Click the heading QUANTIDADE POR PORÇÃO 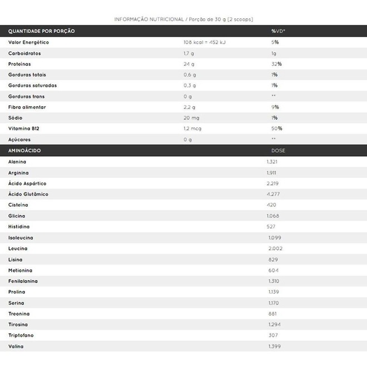pos(42,31)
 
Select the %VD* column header pos(278,31)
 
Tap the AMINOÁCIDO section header pos(24,151)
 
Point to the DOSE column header pos(278,151)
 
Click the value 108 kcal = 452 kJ pos(204,42)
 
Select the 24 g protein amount pos(189,64)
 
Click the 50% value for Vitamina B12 pos(277,128)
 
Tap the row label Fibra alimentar pos(27,107)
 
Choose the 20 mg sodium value pos(191,118)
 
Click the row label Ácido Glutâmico pos(28,194)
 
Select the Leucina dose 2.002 pos(276,249)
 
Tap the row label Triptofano pos(22,335)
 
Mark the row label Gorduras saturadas pos(33,86)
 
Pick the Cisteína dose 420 pos(272,205)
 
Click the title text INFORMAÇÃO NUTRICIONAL pos(149,19)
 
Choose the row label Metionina pos(21,270)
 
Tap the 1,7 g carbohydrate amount pos(189,53)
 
